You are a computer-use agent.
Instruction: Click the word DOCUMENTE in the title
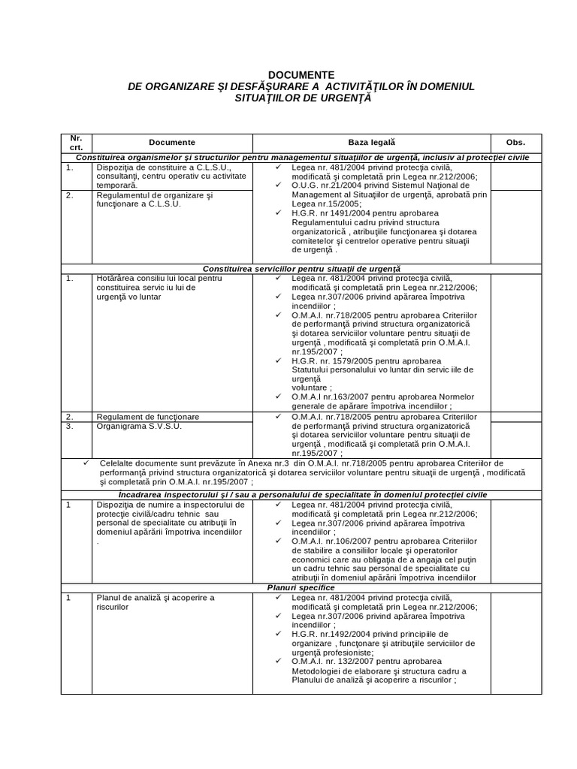tap(301, 75)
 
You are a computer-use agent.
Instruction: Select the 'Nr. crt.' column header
tap(76, 143)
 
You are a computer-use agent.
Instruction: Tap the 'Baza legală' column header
tap(371, 143)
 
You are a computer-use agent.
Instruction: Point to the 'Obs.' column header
tap(515, 143)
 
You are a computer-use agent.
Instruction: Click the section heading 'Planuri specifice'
tap(301, 587)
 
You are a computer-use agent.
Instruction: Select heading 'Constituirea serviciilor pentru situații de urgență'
tap(301, 268)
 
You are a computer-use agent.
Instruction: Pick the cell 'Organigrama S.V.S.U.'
tap(139, 426)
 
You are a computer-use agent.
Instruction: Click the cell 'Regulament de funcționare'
tap(147, 416)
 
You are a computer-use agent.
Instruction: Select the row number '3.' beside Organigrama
tap(69, 426)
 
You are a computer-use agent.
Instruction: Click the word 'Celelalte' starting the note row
tap(118, 463)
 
